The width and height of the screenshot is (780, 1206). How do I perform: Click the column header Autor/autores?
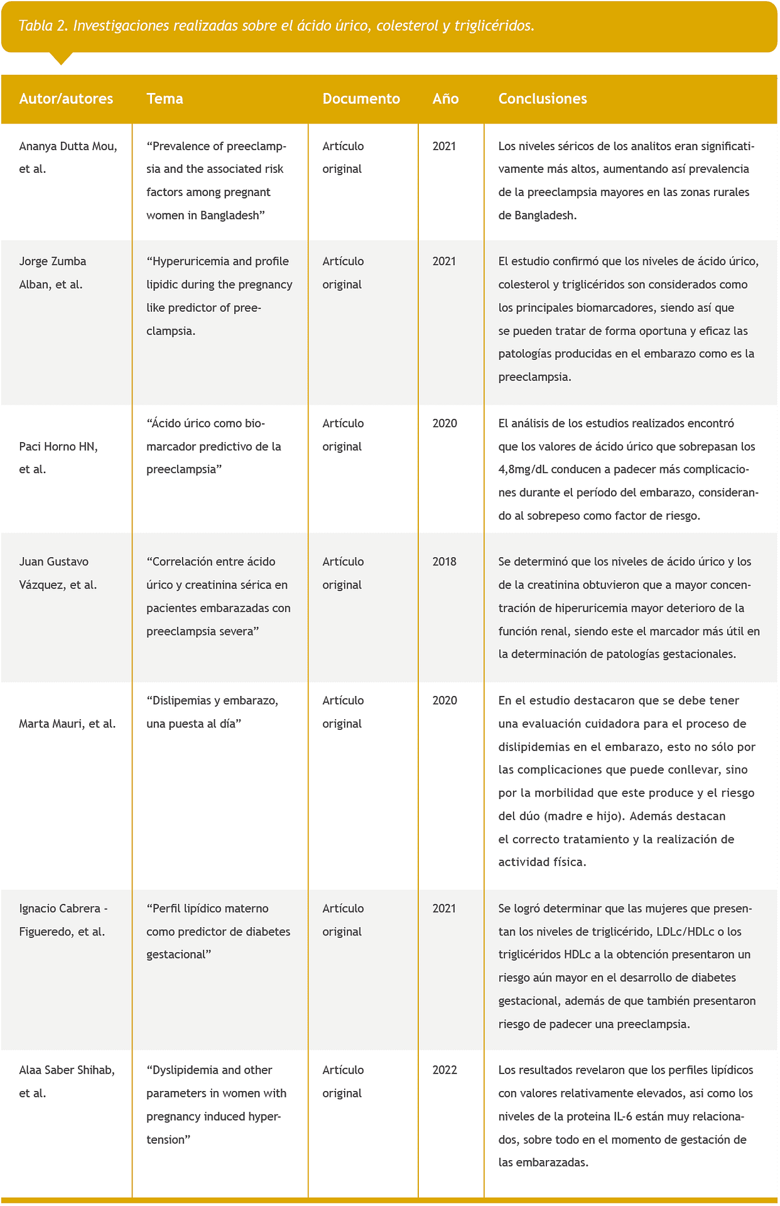click(66, 99)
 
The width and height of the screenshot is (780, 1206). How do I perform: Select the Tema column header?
click(165, 99)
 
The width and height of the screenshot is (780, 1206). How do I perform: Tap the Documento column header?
click(361, 99)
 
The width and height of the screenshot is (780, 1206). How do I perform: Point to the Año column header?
click(445, 99)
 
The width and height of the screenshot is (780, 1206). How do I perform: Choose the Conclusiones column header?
click(543, 99)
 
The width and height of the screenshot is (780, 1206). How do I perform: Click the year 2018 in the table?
click(444, 562)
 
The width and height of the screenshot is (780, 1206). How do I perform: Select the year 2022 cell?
click(445, 1070)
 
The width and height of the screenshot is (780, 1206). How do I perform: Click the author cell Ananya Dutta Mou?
click(68, 157)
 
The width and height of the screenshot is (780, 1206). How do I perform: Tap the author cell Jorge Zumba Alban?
click(53, 273)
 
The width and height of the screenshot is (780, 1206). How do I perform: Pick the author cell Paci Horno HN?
click(58, 457)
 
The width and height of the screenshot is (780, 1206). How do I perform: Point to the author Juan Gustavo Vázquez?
click(58, 573)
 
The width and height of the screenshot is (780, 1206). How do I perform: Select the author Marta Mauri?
click(67, 724)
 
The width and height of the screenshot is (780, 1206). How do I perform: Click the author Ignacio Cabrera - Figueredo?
click(63, 920)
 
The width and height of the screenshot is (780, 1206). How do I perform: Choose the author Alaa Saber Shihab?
click(67, 1081)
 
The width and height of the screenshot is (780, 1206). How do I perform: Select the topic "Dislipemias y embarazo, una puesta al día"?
click(212, 712)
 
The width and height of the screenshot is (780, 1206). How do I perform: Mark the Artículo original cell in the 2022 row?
click(343, 1081)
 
